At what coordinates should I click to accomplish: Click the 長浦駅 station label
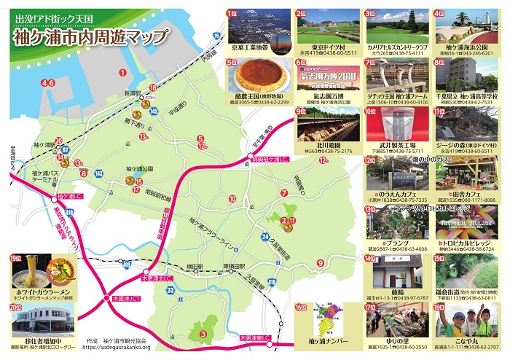[x=133, y=93]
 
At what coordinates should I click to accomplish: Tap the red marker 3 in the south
[x=202, y=334]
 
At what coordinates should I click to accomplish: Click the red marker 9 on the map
[x=320, y=263]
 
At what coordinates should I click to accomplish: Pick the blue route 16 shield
[x=219, y=34]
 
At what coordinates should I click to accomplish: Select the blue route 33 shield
[x=170, y=291]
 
